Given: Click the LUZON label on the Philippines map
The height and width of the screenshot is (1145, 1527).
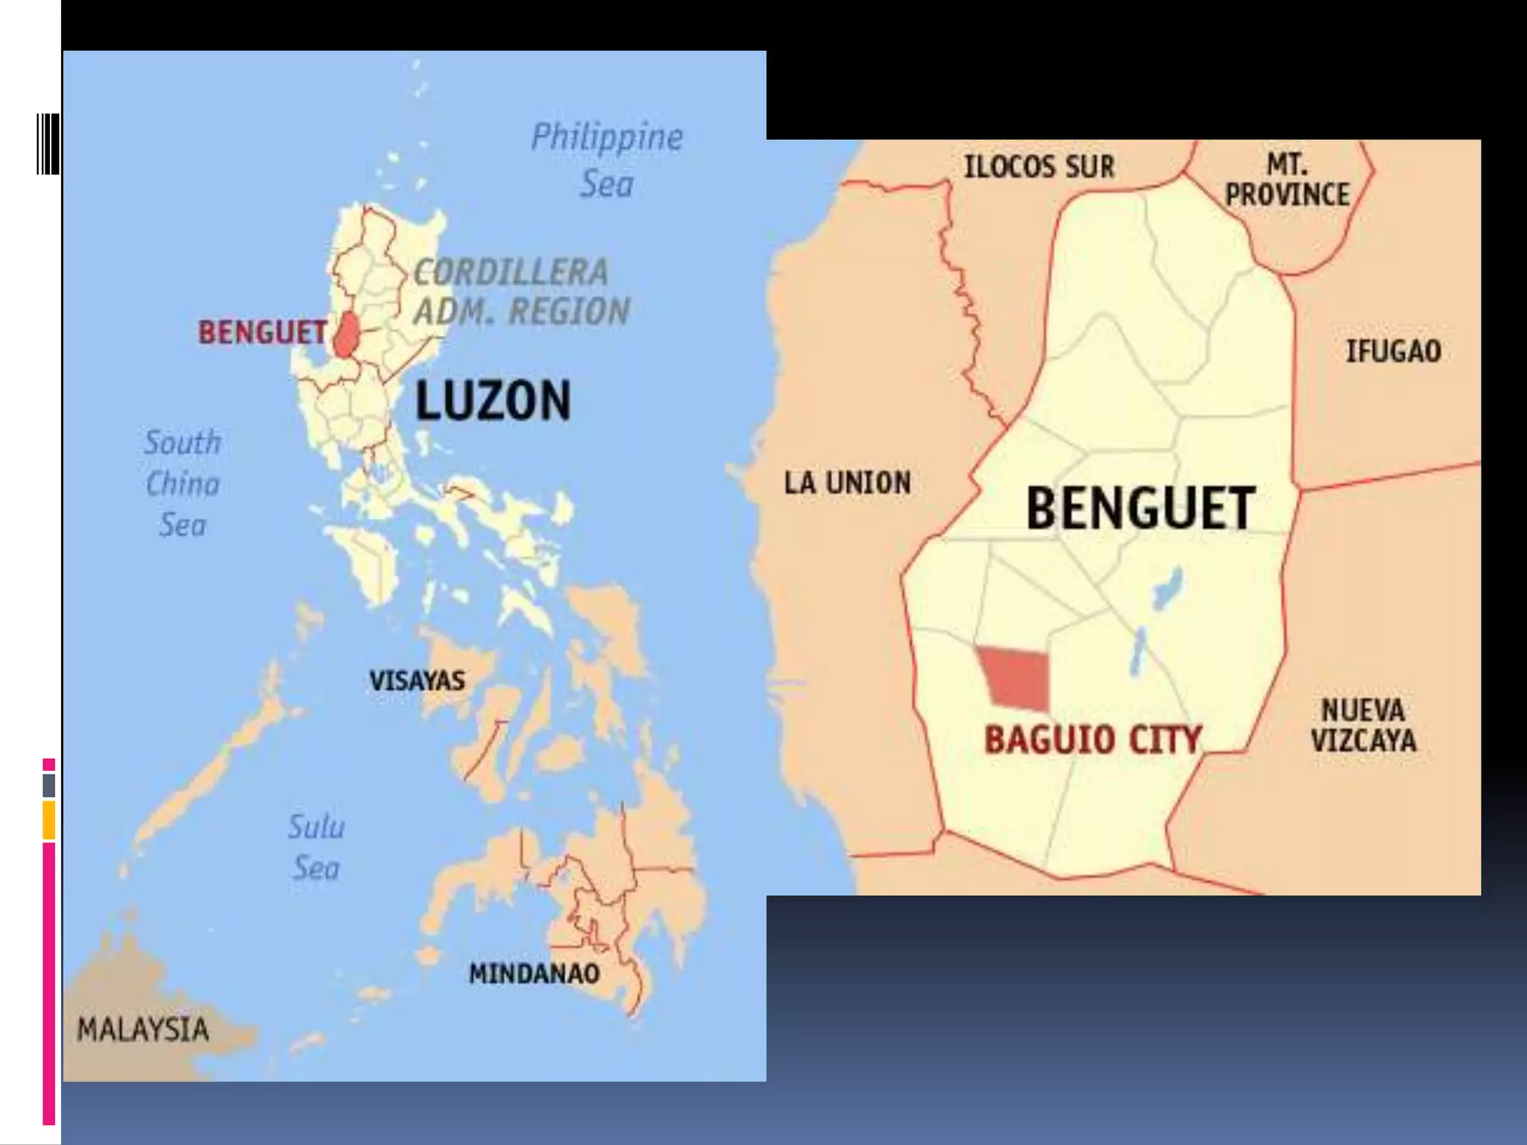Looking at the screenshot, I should pos(493,401).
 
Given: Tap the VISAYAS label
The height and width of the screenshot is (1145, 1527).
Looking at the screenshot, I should pos(417,681).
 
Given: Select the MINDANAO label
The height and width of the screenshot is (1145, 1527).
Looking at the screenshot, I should pos(534,974).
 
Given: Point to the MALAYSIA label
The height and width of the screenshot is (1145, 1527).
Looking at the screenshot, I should pos(143,1029).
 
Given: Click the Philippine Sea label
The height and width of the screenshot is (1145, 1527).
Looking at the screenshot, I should pos(607,160).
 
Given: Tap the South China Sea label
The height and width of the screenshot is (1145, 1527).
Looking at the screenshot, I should pos(183,484).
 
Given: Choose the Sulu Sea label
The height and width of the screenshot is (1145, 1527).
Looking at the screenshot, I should pos(316,848).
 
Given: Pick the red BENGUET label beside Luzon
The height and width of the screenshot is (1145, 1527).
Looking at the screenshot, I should pos(262,332).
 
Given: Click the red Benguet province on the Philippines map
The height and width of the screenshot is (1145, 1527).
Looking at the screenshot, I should pos(346,335).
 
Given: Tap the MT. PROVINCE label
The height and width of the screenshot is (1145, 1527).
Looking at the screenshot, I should pos(1288,180).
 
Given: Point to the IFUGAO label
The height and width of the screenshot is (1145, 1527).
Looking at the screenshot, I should pos(1393,351).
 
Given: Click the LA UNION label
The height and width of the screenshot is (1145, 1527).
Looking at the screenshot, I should pos(847,483).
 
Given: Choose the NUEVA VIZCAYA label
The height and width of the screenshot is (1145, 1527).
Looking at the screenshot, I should pos(1363,725).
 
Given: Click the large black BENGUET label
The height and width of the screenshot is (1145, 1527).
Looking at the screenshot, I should pos(1141,509).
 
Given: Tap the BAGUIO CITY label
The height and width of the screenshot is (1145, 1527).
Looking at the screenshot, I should pos(1092,740).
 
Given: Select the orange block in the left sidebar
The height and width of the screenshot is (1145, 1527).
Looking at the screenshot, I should pos(48,820).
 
